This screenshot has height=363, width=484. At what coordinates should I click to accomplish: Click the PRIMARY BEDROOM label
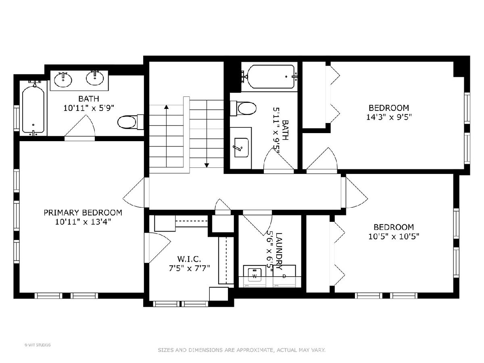pyautogui.click(x=83, y=213)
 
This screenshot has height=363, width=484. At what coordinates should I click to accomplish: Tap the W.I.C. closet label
pyautogui.click(x=189, y=259)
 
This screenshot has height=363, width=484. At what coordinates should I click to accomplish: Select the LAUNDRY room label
pyautogui.click(x=279, y=251)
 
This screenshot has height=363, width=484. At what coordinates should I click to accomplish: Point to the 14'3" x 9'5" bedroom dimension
pyautogui.click(x=389, y=117)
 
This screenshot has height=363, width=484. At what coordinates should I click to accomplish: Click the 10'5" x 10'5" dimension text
pyautogui.click(x=394, y=237)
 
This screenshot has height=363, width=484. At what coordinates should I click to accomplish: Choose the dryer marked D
pyautogui.click(x=284, y=276)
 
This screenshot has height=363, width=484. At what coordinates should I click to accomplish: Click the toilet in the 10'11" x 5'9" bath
pyautogui.click(x=131, y=122)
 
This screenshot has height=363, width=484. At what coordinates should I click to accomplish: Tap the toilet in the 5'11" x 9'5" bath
pyautogui.click(x=243, y=108)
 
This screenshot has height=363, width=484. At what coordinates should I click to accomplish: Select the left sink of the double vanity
pyautogui.click(x=63, y=79)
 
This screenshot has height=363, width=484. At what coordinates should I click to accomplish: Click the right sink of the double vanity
pyautogui.click(x=95, y=77)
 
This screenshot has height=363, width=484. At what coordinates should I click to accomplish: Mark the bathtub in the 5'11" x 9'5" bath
pyautogui.click(x=270, y=77)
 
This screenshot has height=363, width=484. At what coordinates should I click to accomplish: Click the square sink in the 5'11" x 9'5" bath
pyautogui.click(x=241, y=148)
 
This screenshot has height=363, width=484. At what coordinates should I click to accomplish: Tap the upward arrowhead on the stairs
pyautogui.click(x=167, y=107)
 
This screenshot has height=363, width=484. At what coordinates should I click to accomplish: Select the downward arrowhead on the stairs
pyautogui.click(x=207, y=165)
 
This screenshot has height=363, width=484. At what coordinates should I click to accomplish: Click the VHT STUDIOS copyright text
pyautogui.click(x=38, y=345)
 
